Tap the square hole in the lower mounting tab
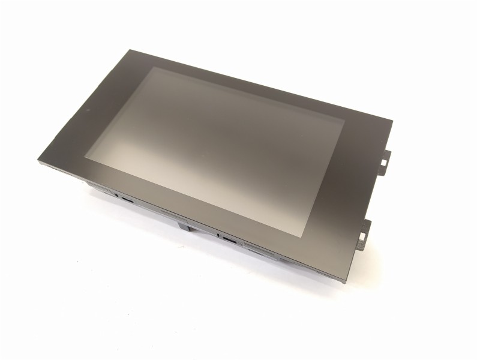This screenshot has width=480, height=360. (362, 235)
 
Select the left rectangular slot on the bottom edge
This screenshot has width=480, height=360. (127, 199)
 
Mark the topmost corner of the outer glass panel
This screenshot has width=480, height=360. (128, 50)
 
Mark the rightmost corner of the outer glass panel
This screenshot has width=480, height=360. (392, 121)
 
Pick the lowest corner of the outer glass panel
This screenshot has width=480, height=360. (344, 281)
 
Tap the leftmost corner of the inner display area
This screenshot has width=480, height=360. (85, 157)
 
